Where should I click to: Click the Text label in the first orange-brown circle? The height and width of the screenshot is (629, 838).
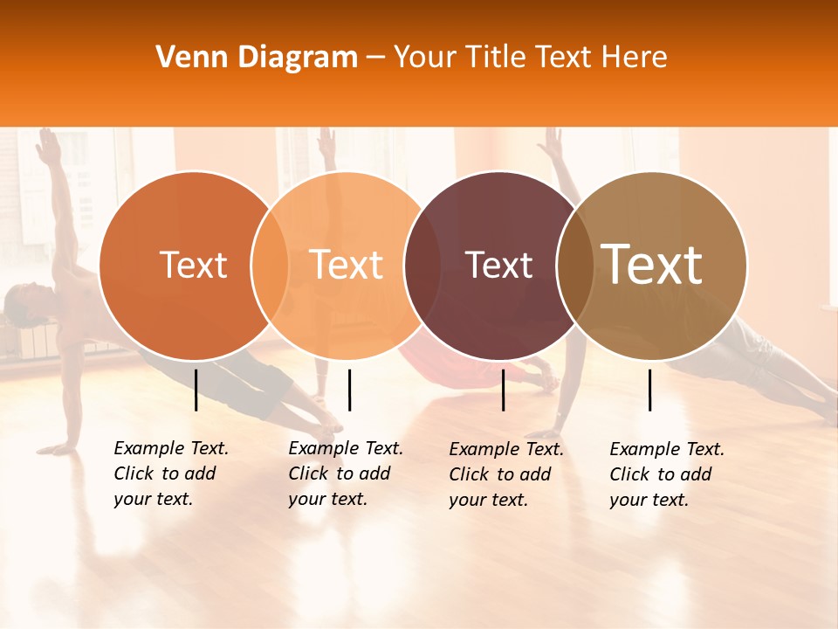point(193,265)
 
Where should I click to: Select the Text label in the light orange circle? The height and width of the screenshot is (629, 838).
point(346,265)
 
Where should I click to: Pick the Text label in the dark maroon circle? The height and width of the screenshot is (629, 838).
point(499,265)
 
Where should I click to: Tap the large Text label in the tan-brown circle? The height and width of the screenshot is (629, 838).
point(652,264)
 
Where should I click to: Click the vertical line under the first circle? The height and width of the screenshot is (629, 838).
point(196,390)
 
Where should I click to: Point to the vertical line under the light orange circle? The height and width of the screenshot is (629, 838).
point(349,390)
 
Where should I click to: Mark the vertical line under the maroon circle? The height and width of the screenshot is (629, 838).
point(504,390)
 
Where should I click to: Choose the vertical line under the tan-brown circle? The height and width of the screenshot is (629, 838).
point(650,390)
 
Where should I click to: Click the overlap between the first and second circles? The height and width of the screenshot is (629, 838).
point(271,266)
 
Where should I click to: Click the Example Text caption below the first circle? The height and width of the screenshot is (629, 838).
point(170,473)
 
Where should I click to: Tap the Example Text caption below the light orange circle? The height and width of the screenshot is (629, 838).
point(345,473)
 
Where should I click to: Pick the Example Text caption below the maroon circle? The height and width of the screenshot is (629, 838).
point(505,474)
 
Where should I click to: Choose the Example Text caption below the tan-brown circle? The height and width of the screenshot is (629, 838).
point(666,474)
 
